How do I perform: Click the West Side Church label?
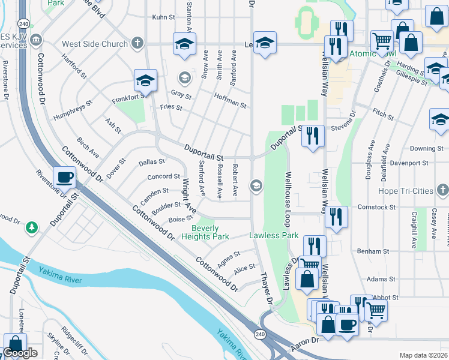[x=95, y=44]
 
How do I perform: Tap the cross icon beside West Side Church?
[x=137, y=43]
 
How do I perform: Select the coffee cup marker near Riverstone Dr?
[x=65, y=177]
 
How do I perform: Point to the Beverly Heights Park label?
[x=210, y=233]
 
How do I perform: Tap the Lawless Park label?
[x=274, y=236]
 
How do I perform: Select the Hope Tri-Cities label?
[x=406, y=191]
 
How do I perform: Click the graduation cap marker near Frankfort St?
[x=146, y=80]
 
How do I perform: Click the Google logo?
[x=20, y=353]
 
